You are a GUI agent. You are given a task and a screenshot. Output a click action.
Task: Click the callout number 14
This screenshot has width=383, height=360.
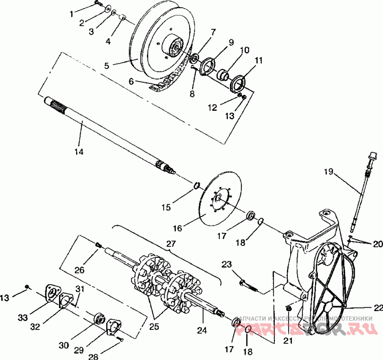(x=79, y=151)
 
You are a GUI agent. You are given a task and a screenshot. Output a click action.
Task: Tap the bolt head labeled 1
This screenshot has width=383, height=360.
(x=97, y=4)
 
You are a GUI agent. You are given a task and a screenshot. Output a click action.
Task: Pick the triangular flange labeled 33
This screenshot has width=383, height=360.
(x=50, y=293)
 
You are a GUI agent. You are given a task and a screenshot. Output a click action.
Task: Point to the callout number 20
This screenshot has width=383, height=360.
(x=378, y=244)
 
